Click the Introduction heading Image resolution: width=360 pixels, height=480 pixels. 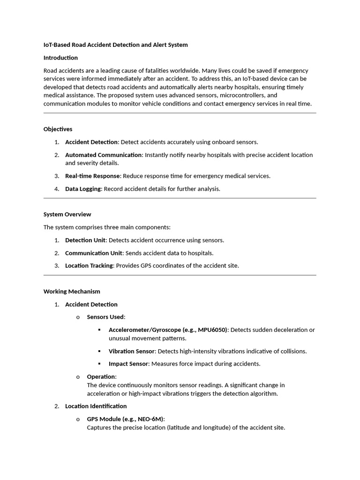point(60,58)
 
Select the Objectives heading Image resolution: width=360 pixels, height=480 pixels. point(58,129)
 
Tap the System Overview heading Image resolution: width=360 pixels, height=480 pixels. point(67,214)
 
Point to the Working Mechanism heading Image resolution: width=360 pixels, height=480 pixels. point(72,291)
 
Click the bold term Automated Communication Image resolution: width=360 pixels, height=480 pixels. point(103,155)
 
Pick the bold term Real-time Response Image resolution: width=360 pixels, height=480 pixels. point(93,176)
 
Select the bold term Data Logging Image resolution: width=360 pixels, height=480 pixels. point(83,189)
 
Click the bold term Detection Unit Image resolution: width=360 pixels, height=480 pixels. point(85,240)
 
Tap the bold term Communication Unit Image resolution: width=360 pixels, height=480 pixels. point(94,253)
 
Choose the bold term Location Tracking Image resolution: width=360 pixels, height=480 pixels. point(89,265)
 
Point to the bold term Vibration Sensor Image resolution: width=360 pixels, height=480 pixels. point(131,351)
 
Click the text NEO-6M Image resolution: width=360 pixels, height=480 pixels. point(149,419)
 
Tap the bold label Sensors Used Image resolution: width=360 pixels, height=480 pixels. point(105,317)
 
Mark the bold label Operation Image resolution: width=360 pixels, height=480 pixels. point(101,376)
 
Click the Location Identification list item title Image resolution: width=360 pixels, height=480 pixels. point(96,406)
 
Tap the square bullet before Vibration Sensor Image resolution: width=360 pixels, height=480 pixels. point(99,351)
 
